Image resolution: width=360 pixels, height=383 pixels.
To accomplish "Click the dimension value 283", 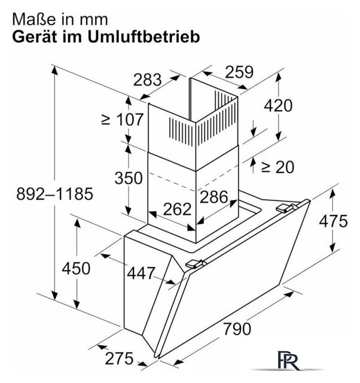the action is pos(148,80).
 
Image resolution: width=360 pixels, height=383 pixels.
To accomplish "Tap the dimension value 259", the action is pos(239,72).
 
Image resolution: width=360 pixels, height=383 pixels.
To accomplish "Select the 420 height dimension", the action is pos(278,105).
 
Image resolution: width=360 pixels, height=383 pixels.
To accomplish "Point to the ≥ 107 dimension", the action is pos(122,120).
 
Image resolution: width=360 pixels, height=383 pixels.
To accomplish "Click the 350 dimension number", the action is pos(129,178).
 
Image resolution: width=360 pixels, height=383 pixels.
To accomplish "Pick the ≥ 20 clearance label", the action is pos(277,167).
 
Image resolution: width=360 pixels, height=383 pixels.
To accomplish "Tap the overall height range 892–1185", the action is pos(54,194).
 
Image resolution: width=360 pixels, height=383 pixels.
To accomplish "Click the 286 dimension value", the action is pos(214,197).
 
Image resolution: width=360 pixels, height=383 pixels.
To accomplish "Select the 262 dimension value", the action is pos(177,209).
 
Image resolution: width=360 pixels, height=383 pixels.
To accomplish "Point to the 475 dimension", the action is pos(333,221).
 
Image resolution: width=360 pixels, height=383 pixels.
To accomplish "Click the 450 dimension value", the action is pos(76,269).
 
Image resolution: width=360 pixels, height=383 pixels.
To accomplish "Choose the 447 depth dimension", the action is pos(141,273).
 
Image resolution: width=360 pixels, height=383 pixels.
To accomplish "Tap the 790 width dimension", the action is pos(237,329).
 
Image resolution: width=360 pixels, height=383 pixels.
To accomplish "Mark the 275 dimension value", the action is pos(120,358).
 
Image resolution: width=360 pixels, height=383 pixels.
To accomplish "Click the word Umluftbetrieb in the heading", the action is pos(144,37).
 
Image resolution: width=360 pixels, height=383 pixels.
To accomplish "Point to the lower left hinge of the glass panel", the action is pos(196,264).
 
